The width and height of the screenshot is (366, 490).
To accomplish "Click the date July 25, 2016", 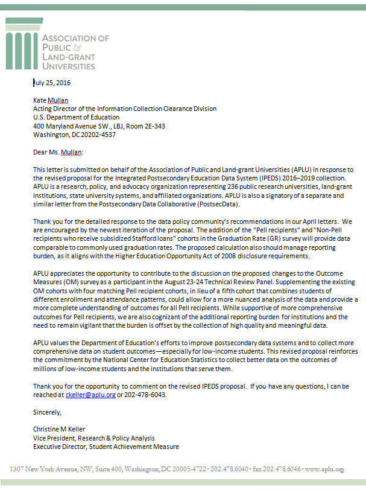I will pos(52,83).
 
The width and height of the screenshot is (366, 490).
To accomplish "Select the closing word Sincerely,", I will pos(47,412).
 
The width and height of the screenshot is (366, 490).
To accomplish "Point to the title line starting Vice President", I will pos(93,438).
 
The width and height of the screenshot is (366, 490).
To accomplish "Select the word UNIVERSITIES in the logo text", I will pos(68,64).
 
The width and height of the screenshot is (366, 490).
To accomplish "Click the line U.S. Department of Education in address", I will pos(76,118).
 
